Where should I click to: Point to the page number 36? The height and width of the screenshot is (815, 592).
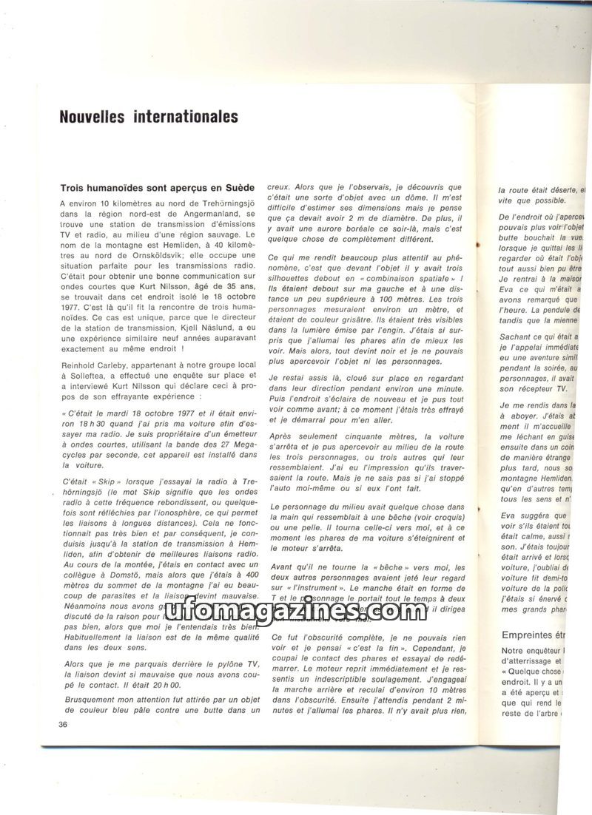pyautogui.click(x=62, y=723)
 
